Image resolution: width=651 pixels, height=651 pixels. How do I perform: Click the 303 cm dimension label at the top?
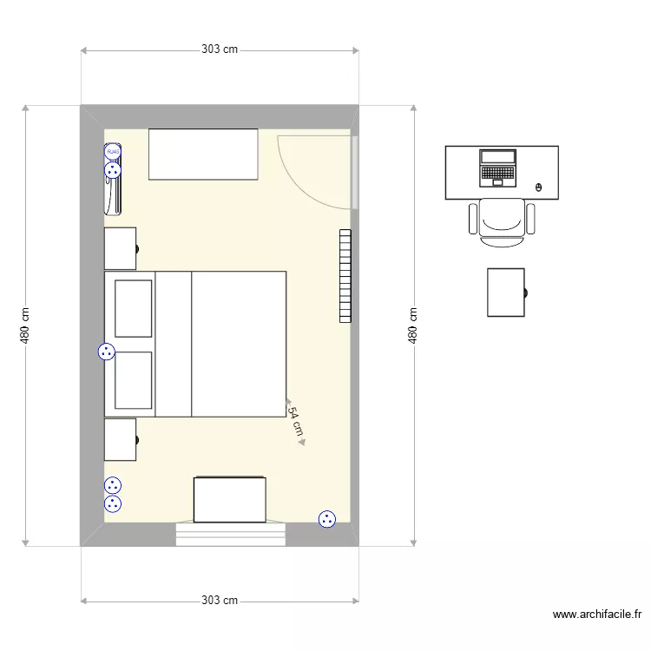[220, 49]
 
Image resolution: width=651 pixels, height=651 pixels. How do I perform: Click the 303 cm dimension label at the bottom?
[220, 600]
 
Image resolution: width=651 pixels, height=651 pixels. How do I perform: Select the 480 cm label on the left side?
[26, 325]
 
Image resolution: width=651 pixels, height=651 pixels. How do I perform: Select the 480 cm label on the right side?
[413, 325]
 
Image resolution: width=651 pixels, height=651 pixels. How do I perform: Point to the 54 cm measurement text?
[296, 421]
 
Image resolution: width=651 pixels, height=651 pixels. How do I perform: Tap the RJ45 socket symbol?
[113, 152]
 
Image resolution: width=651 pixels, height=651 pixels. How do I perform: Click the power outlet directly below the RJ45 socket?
[113, 171]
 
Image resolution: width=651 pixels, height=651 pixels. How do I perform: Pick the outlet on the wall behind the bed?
[106, 352]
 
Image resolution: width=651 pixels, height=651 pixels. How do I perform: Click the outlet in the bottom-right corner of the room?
[326, 519]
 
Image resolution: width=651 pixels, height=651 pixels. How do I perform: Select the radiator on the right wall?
[345, 276]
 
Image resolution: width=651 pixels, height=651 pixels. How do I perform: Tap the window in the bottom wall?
[231, 533]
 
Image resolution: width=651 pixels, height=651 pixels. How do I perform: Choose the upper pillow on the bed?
[134, 308]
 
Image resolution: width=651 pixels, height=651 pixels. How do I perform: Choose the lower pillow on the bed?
[134, 379]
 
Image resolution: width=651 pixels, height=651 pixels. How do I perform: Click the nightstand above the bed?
[120, 248]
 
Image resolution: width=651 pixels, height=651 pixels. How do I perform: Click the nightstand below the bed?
[120, 439]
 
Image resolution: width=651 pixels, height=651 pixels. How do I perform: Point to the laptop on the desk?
[498, 168]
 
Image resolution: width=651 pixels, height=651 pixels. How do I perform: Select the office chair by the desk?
[502, 220]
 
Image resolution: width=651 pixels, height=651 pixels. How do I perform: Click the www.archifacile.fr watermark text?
[597, 615]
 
